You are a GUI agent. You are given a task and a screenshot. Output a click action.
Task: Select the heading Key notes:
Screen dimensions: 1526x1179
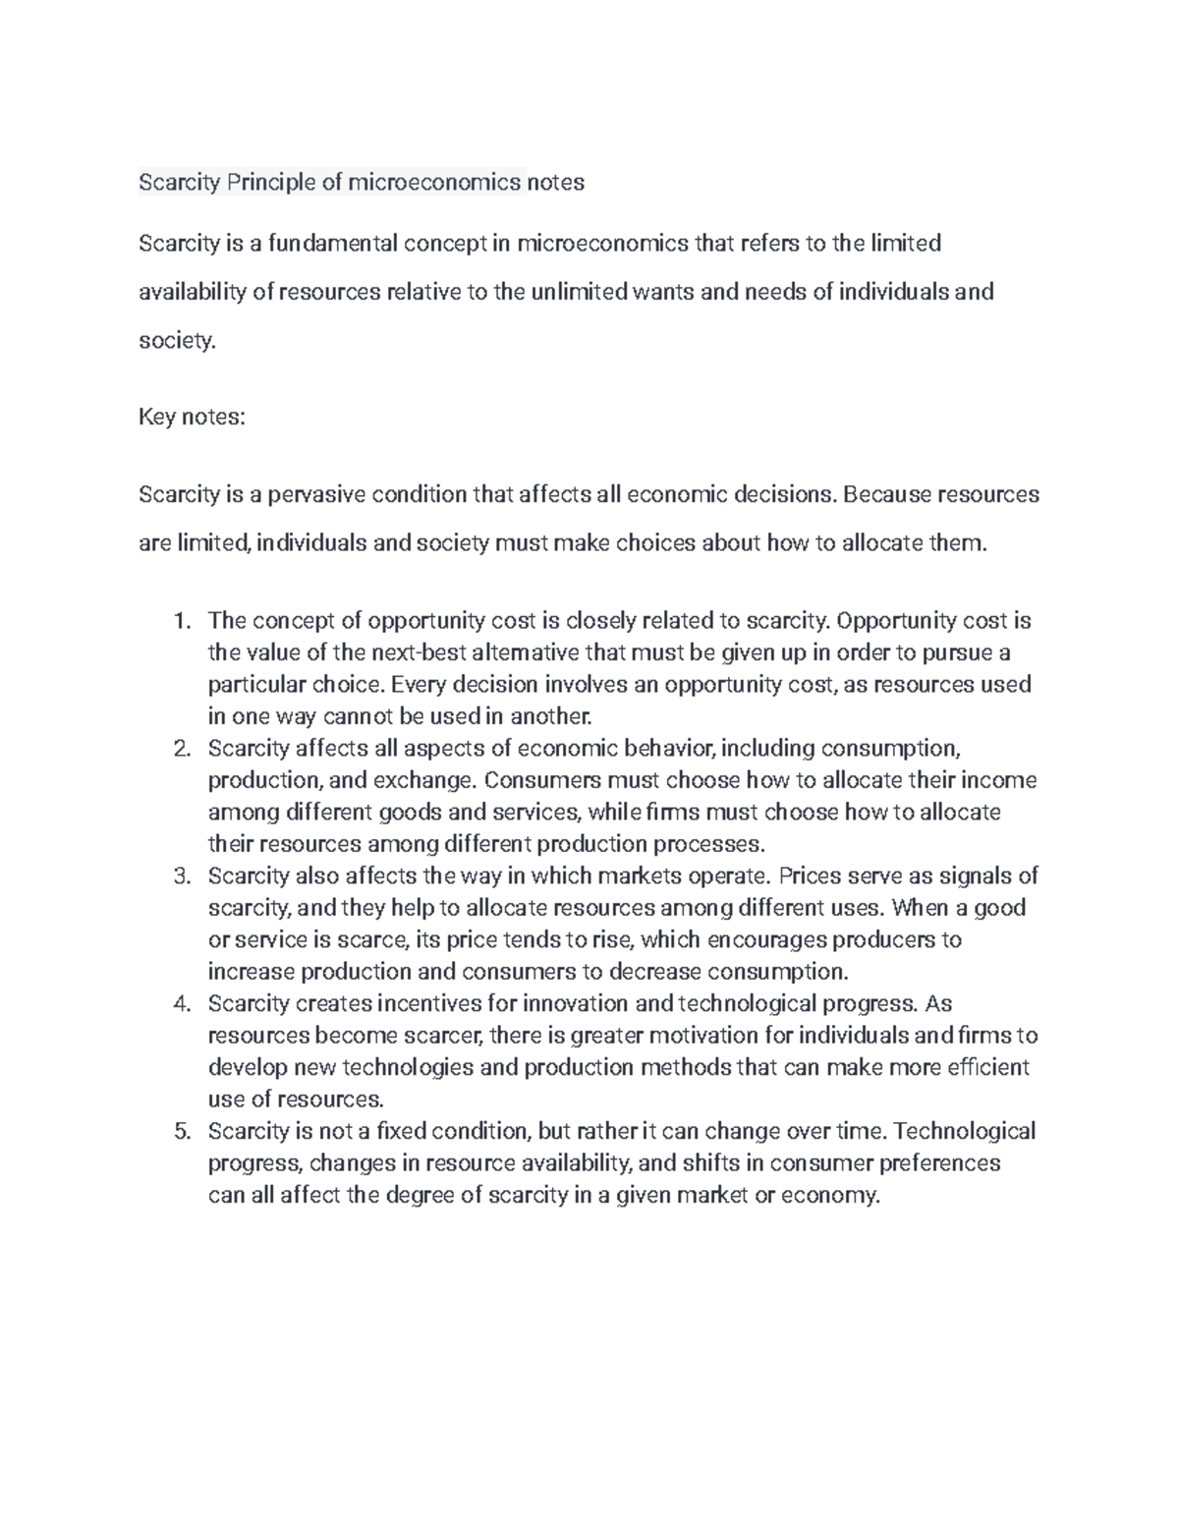[192, 417]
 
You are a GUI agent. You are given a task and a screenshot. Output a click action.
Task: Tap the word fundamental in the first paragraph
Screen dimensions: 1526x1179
[331, 243]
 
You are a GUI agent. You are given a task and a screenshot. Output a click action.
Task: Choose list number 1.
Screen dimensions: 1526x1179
[181, 621]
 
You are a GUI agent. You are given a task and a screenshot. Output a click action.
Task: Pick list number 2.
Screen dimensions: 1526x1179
[181, 749]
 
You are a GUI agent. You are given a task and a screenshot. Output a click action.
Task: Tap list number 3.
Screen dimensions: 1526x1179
[181, 876]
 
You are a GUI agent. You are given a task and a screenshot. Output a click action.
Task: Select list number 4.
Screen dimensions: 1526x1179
[181, 1003]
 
